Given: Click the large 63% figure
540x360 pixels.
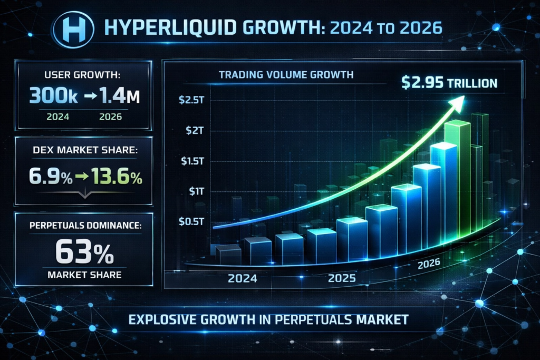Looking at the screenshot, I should coord(84,253).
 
